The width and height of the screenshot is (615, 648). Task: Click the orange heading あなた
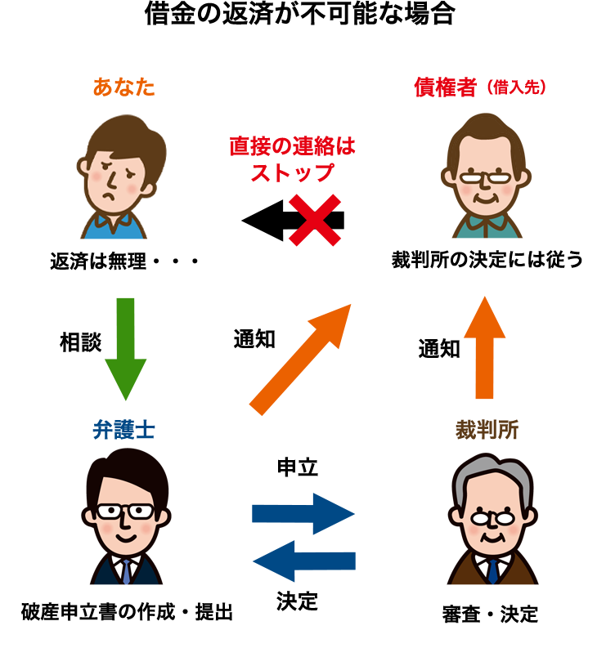(123, 87)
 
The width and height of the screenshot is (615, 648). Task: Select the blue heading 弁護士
(124, 430)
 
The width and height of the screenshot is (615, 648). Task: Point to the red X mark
(314, 220)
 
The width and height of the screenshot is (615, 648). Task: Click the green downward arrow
(125, 347)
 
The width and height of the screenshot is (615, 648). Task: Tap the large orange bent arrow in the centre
(307, 360)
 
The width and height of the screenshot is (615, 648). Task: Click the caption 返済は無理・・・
(125, 262)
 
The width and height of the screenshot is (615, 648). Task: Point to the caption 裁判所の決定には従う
(487, 260)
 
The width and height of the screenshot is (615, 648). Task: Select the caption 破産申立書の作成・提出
(127, 611)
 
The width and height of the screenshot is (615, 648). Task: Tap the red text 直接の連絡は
(292, 146)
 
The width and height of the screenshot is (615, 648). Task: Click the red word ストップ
(292, 172)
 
